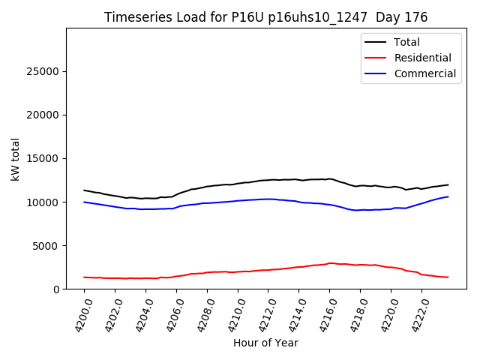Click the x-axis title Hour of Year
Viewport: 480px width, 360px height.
265,343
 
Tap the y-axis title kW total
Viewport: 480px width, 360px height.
15,159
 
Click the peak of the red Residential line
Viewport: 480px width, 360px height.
330,263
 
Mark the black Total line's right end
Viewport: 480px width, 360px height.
448,184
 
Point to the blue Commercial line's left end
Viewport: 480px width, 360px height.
84,202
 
